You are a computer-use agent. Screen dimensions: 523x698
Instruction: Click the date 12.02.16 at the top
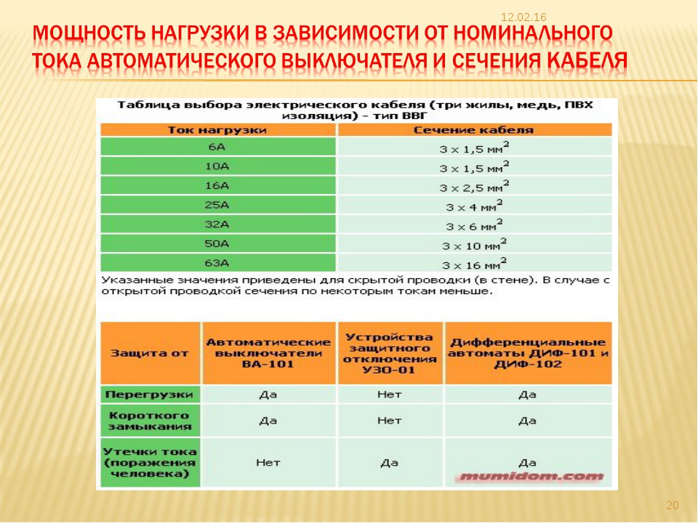pyautogui.click(x=523, y=17)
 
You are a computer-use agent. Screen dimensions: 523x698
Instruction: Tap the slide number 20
pyautogui.click(x=672, y=506)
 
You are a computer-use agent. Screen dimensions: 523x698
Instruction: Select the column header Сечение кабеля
pyautogui.click(x=473, y=130)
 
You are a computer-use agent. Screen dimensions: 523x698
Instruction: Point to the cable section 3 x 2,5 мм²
pyautogui.click(x=473, y=186)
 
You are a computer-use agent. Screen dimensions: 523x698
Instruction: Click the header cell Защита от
pyautogui.click(x=149, y=353)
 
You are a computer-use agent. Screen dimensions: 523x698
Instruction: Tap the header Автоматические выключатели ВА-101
pyautogui.click(x=268, y=352)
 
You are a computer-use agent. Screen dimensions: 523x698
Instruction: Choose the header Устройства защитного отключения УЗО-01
pyautogui.click(x=390, y=352)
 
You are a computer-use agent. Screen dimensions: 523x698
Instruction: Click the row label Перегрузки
pyautogui.click(x=149, y=394)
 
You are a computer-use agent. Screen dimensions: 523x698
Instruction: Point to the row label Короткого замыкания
pyautogui.click(x=149, y=421)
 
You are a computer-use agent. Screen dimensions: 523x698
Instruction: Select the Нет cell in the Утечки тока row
pyautogui.click(x=268, y=462)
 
